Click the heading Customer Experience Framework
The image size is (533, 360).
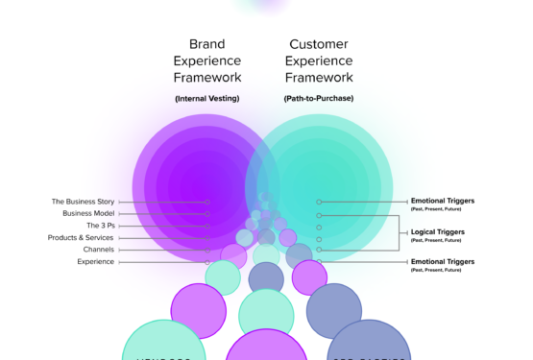[320, 60]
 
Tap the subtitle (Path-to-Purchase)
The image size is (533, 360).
[320, 99]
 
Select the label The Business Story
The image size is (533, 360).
[85, 202]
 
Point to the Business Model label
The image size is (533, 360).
[89, 213]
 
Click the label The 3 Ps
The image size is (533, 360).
[101, 226]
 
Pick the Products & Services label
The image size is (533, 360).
[82, 237]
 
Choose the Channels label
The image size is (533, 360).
[99, 250]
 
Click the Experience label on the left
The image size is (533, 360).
[96, 261]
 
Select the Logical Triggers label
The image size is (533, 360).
[437, 231]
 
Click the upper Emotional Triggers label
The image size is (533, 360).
[443, 201]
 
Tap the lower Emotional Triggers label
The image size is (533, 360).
[443, 261]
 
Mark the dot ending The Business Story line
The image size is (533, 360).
[207, 202]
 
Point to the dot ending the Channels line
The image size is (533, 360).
[207, 250]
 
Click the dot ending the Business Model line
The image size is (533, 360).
[207, 213]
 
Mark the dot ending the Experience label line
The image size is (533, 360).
[207, 261]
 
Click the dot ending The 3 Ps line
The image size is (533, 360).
[207, 226]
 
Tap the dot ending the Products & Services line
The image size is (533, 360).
[207, 237]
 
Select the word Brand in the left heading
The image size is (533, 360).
[207, 44]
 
